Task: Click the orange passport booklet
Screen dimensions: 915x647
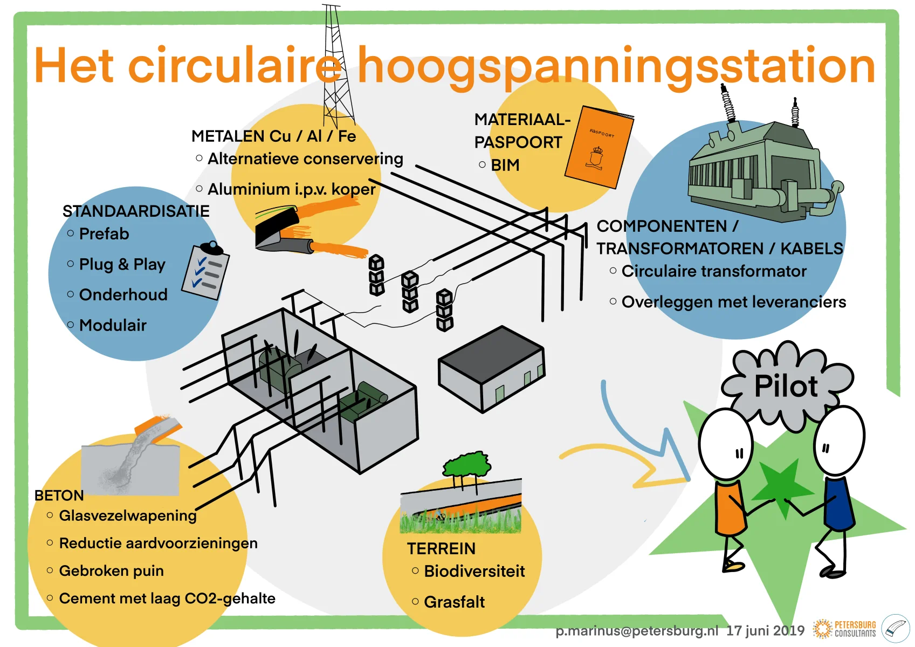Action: pos(599,147)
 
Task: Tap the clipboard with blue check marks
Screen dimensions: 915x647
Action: pos(205,270)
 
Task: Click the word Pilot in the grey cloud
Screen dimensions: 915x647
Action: pos(786,386)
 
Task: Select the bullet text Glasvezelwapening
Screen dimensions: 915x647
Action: pos(128,516)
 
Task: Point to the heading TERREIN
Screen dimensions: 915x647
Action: pos(441,548)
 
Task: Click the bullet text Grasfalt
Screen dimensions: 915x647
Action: pos(454,602)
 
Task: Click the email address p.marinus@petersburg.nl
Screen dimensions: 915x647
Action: pos(637,631)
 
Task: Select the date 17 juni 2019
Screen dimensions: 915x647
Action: pos(765,631)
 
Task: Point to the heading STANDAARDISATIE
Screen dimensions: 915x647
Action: pos(136,211)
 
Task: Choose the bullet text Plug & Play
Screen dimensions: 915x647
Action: pos(122,264)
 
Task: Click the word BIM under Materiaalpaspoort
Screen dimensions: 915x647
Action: pos(505,165)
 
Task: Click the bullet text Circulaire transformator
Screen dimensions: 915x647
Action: pos(714,271)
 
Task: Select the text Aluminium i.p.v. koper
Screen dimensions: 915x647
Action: pos(292,189)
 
